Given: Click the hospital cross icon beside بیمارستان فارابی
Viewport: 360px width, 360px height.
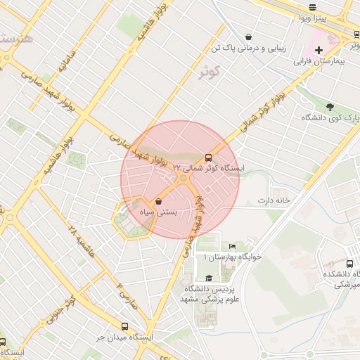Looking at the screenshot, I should pyautogui.click(x=319, y=50).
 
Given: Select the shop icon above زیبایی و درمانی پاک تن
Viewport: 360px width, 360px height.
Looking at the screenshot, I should pyautogui.click(x=248, y=37).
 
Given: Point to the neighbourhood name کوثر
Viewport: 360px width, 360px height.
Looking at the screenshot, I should pyautogui.click(x=210, y=71).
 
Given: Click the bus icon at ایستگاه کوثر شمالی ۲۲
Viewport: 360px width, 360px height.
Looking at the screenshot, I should pyautogui.click(x=209, y=157).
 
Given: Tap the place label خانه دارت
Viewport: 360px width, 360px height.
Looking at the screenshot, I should pyautogui.click(x=274, y=201).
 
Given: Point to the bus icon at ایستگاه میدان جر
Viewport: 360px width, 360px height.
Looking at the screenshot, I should pyautogui.click(x=124, y=326).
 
